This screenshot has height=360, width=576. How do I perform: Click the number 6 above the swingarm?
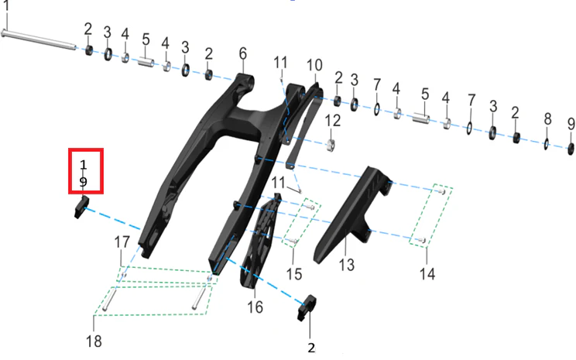[243, 53]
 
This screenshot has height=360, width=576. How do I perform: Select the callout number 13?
[346, 265]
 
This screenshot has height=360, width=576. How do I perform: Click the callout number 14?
[427, 274]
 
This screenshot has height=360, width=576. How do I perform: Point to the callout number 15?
[294, 274]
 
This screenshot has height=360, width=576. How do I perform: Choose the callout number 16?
[255, 307]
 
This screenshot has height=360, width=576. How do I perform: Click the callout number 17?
[122, 242]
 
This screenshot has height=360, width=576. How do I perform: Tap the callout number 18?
[94, 341]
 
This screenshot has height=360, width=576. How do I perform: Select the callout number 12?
[332, 121]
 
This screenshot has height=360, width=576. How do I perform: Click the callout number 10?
[314, 65]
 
